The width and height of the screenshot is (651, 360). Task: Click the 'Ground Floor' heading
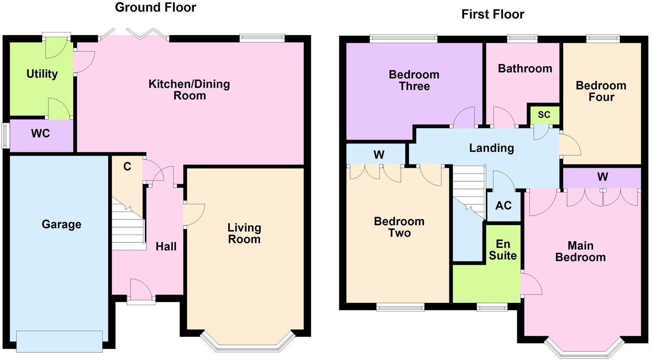point(155,7)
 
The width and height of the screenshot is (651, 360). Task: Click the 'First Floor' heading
point(493,14)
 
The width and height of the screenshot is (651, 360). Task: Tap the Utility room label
point(42,74)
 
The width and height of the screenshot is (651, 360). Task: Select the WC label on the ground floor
point(40,133)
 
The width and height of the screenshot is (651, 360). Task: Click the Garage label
point(61,224)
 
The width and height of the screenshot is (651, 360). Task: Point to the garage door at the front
point(59,341)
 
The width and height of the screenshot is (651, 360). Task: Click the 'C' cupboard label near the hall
point(127,167)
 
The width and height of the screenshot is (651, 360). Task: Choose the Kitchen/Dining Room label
point(189,90)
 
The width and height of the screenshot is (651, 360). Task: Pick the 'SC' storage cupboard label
point(544,115)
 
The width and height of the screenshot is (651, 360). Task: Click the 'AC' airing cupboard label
point(503,205)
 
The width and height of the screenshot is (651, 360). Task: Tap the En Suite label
point(503,250)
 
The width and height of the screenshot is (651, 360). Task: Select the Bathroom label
point(525,68)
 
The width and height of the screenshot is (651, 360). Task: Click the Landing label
point(491,148)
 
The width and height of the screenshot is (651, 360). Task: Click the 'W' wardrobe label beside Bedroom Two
point(379,155)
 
